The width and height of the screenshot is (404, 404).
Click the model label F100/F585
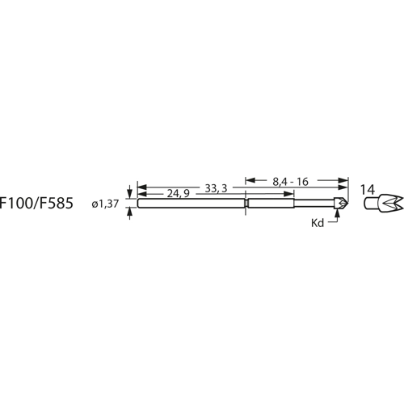pos(37,204)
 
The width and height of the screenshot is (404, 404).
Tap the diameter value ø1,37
pos(108,205)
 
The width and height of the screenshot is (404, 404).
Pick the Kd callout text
pos(318,222)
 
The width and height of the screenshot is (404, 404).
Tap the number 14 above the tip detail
pos(368,189)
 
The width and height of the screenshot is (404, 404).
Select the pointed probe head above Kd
pos(343,204)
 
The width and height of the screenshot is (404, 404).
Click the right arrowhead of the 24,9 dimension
pos(242,194)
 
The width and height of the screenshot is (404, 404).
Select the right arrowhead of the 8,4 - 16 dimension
pos(343,181)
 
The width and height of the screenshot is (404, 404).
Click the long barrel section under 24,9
pos(191,204)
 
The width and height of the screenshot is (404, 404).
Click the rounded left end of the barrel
pos(139,204)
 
